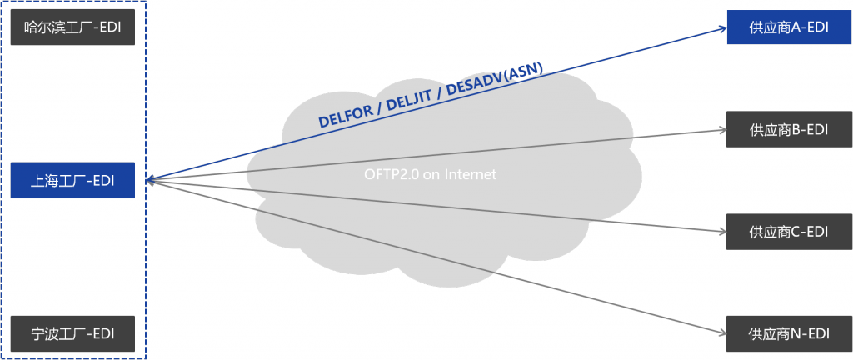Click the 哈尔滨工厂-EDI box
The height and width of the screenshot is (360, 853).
coord(72,27)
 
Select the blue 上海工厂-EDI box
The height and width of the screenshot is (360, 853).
coord(72,180)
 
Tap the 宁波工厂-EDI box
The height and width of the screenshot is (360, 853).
coord(72,333)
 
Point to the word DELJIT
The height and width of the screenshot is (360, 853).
coord(407,99)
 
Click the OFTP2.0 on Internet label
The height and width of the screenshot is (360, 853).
coord(431,174)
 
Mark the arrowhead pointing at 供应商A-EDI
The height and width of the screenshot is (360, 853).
coord(722,27)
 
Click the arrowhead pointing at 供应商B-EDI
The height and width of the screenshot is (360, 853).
coord(721,129)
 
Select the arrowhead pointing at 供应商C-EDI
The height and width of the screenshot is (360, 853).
coord(721,232)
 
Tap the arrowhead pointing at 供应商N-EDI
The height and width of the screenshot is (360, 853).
coord(721,333)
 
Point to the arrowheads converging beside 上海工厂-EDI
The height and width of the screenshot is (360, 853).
coord(152,180)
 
